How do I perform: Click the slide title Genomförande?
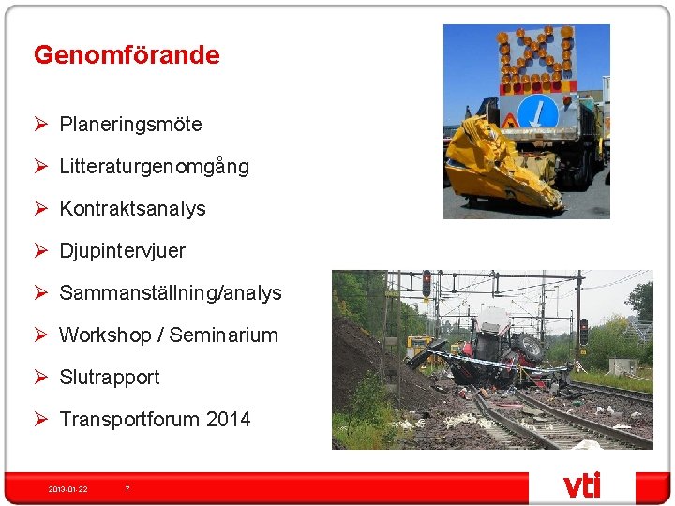pos(127,55)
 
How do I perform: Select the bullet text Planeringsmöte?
pos(130,125)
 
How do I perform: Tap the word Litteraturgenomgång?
pos(154,167)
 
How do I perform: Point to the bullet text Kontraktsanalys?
pos(132,209)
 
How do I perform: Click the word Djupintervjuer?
pos(122,251)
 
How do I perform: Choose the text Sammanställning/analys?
pos(170,293)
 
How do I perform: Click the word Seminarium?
pos(223,335)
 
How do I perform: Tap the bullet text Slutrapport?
pos(109,378)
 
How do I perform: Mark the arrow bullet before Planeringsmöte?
pos(41,125)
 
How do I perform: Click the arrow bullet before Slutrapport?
pos(41,378)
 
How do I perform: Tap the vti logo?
pos(581,485)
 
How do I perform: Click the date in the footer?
pos(67,489)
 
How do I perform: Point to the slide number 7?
pos(127,489)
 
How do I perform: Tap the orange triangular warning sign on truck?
pos(512,121)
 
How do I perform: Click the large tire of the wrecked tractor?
pos(528,348)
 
